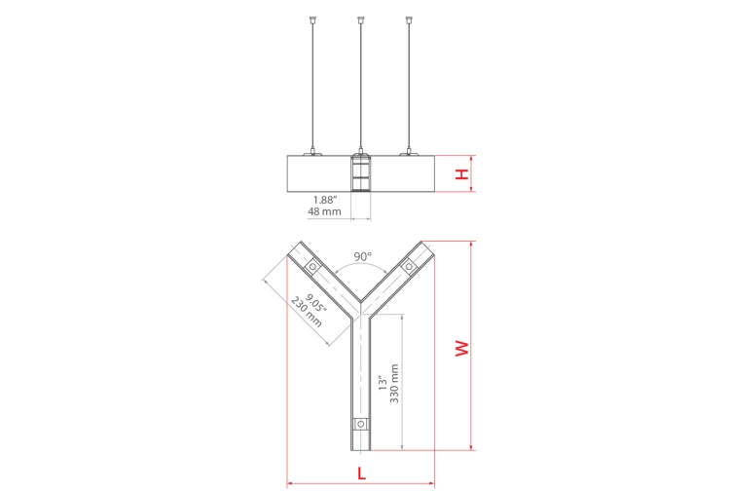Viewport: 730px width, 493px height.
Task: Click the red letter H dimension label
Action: point(461,174)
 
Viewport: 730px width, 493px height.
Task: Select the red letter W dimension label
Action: point(462,349)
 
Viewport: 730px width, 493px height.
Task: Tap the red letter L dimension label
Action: point(362,474)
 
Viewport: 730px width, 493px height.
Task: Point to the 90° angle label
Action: point(363,256)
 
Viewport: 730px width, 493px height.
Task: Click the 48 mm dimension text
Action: point(324,211)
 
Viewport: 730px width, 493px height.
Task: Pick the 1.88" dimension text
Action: point(324,200)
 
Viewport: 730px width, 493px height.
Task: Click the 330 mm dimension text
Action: point(394,384)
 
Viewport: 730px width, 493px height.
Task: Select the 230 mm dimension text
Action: point(306,312)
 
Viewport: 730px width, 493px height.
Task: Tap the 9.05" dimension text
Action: point(316,303)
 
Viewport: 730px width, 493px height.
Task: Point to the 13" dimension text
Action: point(383,383)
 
